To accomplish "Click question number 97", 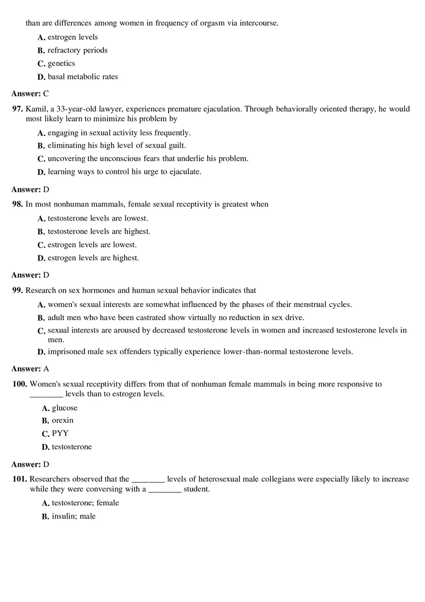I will [17, 109].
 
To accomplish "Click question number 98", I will [17, 204].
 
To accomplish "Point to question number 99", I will [17, 290].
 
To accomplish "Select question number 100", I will [19, 384].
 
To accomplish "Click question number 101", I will [19, 479].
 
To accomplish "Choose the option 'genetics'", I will [61, 63].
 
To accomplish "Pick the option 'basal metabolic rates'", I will [83, 77].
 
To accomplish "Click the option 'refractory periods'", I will [77, 50].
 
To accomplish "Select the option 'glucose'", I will [65, 408].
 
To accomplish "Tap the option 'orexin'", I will [63, 420].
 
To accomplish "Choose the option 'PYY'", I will [60, 434].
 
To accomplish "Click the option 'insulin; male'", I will [74, 516].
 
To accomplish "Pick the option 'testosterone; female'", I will [85, 503].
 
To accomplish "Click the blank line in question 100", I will [46, 395].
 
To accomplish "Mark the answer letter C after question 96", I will [46, 94].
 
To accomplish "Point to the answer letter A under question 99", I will [46, 369].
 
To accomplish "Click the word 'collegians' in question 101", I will [279, 479].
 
